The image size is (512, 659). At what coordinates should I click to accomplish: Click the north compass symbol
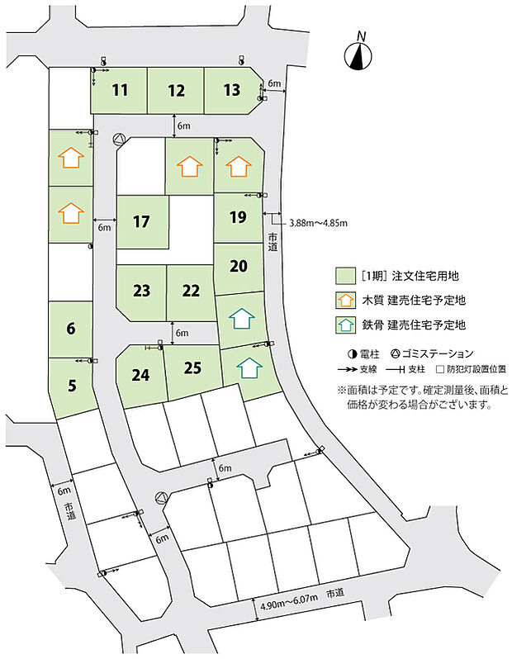point(358,55)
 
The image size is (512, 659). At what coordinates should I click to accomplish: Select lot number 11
point(120,90)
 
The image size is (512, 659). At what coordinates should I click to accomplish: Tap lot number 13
point(232,90)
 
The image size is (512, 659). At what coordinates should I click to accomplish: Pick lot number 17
point(141,221)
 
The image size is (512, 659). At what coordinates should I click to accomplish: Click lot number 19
point(238,217)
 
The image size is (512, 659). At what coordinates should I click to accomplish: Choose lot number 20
point(239,266)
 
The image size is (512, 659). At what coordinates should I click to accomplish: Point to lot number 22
point(191,291)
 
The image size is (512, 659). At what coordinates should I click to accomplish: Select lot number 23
point(141,291)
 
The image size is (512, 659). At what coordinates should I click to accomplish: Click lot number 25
point(192,367)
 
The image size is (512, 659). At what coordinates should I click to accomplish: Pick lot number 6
point(71,328)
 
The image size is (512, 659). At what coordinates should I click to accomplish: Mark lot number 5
point(71,384)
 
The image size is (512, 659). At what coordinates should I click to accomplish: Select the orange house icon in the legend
point(344,301)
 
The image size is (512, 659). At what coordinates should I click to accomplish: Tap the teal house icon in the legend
point(344,325)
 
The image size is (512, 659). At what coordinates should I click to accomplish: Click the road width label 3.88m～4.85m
point(318,223)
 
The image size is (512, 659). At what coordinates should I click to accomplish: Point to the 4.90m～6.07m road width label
point(289,605)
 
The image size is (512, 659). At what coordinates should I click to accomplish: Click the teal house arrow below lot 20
point(240,318)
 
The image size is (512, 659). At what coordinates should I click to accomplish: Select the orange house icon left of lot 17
point(71,212)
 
